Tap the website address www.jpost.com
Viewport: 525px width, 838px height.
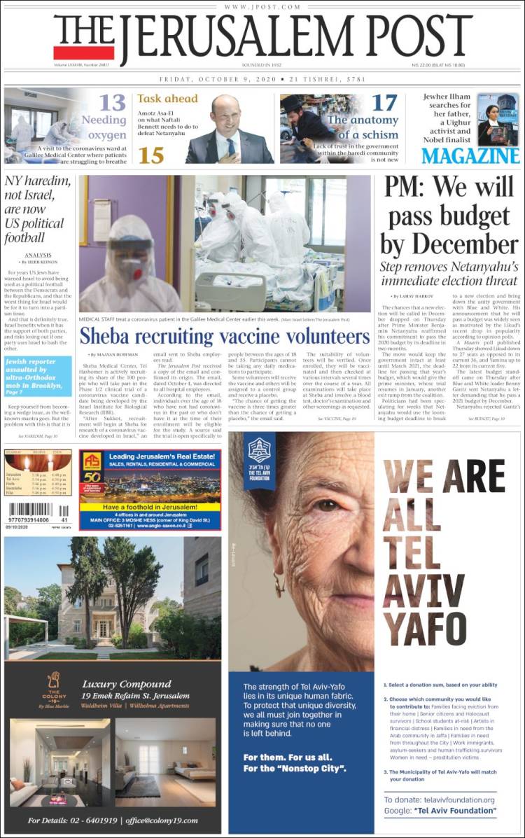262,7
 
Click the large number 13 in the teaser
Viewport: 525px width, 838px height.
111,103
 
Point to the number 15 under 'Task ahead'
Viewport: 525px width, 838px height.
151,155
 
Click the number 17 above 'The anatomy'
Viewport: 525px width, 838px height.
384,103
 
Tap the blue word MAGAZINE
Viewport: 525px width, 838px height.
470,155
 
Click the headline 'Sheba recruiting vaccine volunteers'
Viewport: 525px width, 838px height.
224,335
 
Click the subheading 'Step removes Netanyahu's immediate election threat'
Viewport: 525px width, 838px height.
449,274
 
